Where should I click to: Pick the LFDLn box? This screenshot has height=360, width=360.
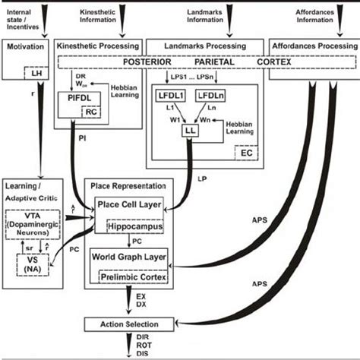tap(210, 96)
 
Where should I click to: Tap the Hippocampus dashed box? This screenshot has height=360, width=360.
tap(140, 226)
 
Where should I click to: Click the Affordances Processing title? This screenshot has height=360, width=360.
tap(314, 46)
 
